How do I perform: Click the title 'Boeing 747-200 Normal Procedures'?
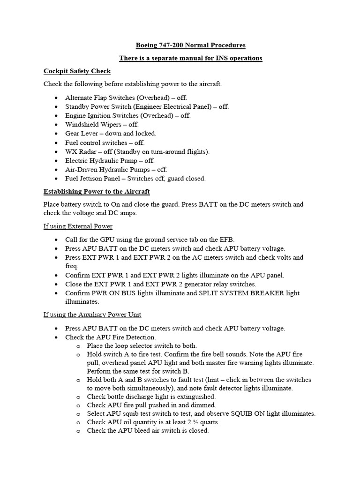click(190, 45)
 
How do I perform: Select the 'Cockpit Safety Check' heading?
click(77, 71)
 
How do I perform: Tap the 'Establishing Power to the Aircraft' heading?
click(97, 192)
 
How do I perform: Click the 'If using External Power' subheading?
click(78, 226)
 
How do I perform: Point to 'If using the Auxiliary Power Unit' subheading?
click(92, 315)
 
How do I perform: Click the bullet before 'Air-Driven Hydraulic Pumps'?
click(56, 170)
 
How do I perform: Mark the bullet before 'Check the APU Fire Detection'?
click(56, 337)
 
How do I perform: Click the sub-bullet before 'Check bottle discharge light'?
click(78, 397)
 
